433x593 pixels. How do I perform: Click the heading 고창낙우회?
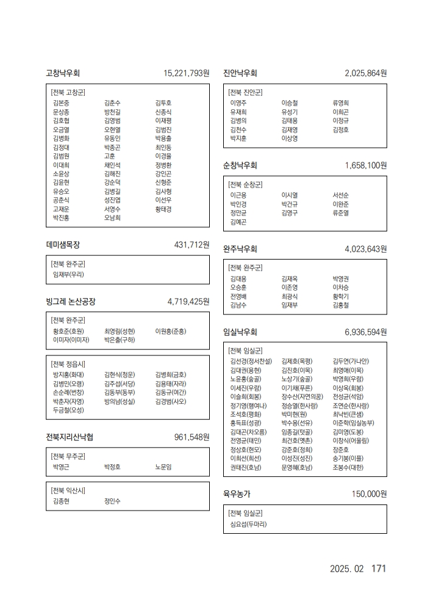pos(63,73)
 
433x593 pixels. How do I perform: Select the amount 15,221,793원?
pos(187,73)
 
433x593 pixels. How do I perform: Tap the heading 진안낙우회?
pos(240,73)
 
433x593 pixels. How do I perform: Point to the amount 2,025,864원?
pos(366,73)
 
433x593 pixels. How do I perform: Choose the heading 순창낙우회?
pos(240,166)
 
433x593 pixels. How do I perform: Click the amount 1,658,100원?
pos(366,166)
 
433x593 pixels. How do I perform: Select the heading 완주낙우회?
pos(240,249)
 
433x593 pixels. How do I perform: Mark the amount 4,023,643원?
pos(366,249)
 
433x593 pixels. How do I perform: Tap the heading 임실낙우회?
pos(240,332)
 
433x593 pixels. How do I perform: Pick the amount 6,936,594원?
pos(366,332)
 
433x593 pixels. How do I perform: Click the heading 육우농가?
pos(237,493)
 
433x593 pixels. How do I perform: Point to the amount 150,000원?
pos(370,493)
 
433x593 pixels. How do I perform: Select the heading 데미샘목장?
pos(63,245)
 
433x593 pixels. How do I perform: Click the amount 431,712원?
pos(192,245)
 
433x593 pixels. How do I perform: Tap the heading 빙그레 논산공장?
pos(71,302)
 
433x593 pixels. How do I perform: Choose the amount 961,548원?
pos(192,437)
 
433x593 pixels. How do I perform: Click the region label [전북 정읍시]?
pos(68,364)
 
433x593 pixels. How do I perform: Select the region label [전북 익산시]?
pos(68,490)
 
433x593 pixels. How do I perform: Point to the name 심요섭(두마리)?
pos(248,524)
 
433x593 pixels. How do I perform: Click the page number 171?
pos(379,569)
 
